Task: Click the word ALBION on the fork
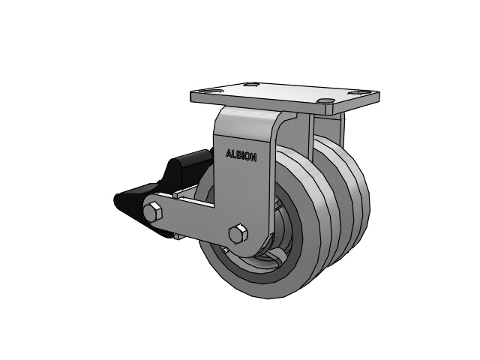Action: point(241,155)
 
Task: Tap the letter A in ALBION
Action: point(229,154)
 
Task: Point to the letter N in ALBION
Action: point(253,157)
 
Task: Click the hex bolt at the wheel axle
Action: point(238,234)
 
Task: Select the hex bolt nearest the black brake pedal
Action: point(152,211)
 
